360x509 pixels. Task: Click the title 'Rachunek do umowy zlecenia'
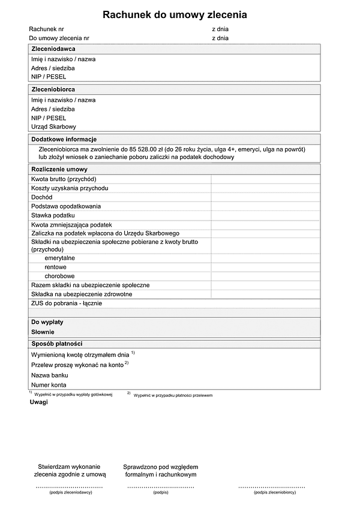[175, 15]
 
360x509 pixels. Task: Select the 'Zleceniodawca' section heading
[53, 49]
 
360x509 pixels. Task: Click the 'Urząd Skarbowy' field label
[53, 127]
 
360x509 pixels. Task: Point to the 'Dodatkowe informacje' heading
[64, 139]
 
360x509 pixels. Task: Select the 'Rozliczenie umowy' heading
[59, 170]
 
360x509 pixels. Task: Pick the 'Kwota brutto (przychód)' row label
[64, 179]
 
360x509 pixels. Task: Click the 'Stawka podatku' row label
[53, 215]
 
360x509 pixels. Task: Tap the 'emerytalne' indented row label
[59, 258]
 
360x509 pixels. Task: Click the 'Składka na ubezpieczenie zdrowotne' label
[82, 294]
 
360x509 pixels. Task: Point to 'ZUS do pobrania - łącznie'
[67, 303]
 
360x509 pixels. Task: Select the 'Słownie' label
[43, 332]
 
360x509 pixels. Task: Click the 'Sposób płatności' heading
[56, 344]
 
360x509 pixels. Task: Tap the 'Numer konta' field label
[49, 385]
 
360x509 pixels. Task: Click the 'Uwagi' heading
[38, 402]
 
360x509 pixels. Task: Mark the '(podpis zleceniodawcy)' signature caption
[70, 492]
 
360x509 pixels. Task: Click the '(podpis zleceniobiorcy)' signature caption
[274, 492]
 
